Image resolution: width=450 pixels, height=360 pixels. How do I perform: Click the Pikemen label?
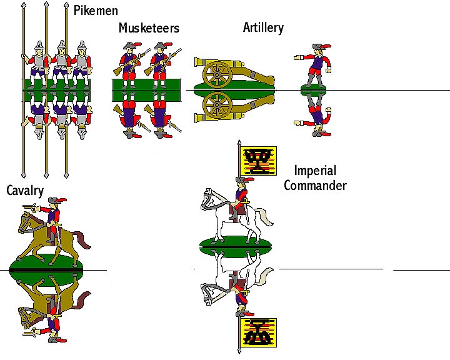(95, 11)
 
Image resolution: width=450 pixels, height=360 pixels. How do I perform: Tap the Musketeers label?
(149, 28)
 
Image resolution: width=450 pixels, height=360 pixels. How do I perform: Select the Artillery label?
(263, 27)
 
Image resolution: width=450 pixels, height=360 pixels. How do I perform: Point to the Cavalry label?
(25, 191)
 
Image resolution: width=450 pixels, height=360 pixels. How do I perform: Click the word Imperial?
(315, 171)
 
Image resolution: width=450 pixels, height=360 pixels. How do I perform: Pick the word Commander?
(320, 185)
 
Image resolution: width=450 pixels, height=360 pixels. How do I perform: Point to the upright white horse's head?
(208, 198)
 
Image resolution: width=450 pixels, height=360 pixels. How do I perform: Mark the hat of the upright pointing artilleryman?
(320, 48)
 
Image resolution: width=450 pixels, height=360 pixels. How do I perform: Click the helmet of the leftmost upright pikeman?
(40, 47)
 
